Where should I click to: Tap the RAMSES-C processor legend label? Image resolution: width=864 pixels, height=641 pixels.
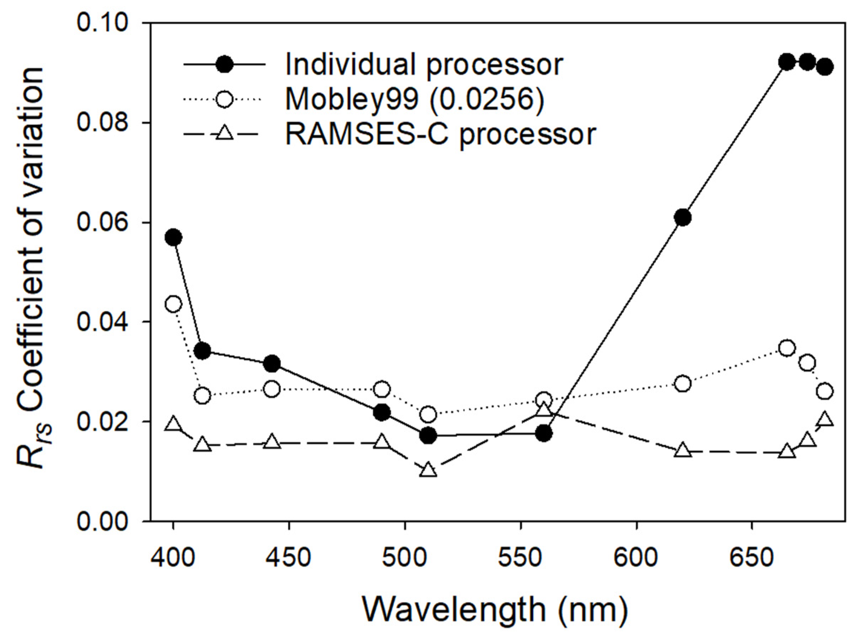tap(441, 134)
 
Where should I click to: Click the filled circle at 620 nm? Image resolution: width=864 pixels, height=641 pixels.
tap(683, 218)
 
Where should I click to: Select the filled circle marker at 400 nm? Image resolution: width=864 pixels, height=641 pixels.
tap(173, 237)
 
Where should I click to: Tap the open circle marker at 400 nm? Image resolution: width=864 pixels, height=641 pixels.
tap(173, 304)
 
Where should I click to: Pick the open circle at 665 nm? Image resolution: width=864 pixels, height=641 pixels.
tap(787, 348)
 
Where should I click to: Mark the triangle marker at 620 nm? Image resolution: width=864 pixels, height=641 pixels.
tap(683, 450)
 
